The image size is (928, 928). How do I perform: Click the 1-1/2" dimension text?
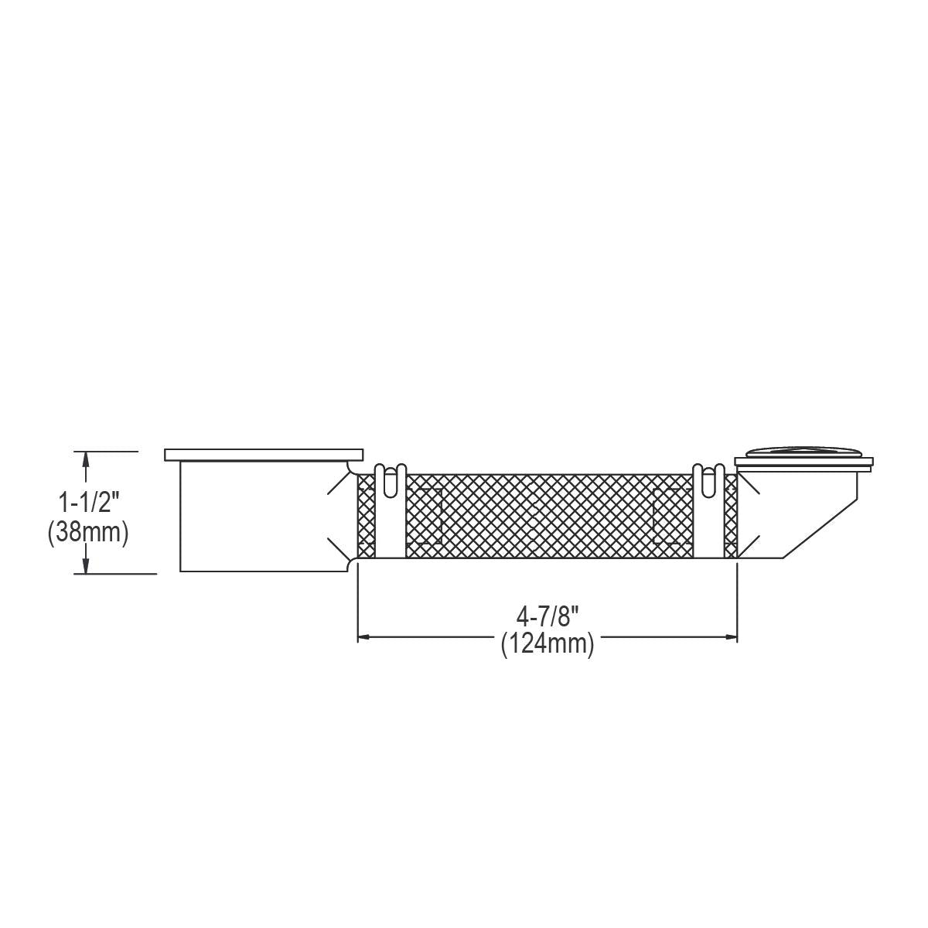click(x=89, y=505)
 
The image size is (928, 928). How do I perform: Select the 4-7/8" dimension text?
click(x=548, y=616)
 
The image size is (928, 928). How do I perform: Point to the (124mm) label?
click(x=548, y=643)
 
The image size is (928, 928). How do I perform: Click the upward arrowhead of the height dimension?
click(x=86, y=459)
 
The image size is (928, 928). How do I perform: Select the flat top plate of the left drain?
click(x=264, y=455)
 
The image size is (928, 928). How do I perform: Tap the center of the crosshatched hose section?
click(x=548, y=515)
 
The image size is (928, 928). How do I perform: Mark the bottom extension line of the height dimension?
click(x=116, y=574)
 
